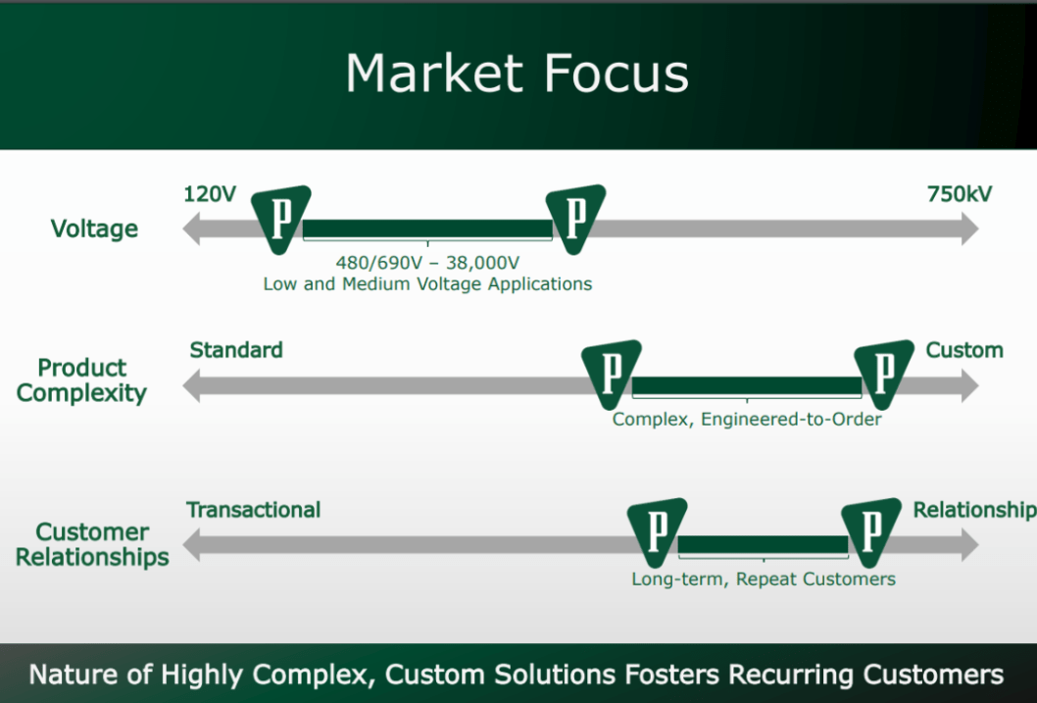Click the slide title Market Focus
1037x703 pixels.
[517, 74]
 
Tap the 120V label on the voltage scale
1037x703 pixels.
[210, 194]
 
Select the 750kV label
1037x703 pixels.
[959, 194]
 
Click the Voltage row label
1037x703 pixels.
[94, 229]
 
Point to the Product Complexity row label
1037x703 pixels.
[81, 380]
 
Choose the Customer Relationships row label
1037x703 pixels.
[92, 545]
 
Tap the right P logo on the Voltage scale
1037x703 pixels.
[575, 217]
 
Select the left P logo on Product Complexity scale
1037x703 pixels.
[611, 373]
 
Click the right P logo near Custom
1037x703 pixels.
[883, 373]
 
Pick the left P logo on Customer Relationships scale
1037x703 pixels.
[657, 530]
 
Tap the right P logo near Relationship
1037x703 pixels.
[870, 530]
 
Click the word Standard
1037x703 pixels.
[236, 350]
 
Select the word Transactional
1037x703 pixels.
[253, 510]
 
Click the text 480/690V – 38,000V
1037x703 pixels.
[427, 263]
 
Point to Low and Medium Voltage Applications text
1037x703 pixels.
[427, 284]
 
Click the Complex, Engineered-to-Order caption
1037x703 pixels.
[747, 420]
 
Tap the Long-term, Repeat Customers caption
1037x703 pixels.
[763, 579]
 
